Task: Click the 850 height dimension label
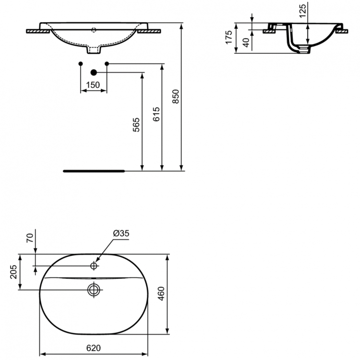click(x=176, y=97)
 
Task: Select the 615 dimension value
click(x=156, y=114)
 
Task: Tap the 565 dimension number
click(x=136, y=125)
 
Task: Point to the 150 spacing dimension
click(x=93, y=85)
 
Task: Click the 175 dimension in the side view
click(x=229, y=37)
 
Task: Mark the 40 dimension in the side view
click(x=246, y=42)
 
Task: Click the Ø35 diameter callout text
click(x=121, y=233)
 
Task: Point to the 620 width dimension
click(x=94, y=348)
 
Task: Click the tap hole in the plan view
click(x=94, y=265)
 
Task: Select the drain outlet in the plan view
click(x=93, y=289)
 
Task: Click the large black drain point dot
click(x=94, y=72)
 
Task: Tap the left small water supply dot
click(x=81, y=63)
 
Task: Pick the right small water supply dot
click(x=107, y=63)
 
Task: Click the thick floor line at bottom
click(x=94, y=170)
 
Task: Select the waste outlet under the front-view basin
click(x=94, y=49)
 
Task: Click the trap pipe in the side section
click(x=293, y=42)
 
